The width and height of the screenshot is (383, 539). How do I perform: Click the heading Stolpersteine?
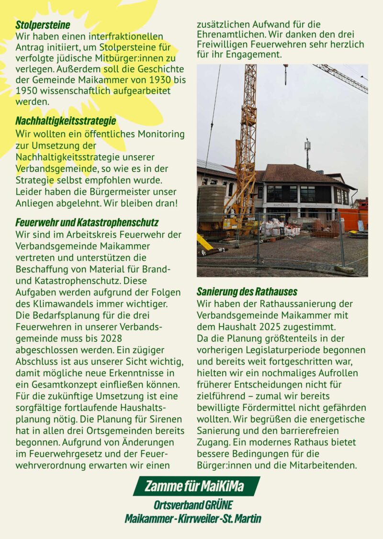point(43,24)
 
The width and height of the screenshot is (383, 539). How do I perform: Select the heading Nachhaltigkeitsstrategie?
point(66,121)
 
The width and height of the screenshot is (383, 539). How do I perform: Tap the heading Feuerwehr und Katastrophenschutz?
point(87,223)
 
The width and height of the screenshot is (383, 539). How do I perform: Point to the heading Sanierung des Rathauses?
point(247,292)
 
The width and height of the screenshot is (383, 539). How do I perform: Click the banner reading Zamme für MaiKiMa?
point(195,486)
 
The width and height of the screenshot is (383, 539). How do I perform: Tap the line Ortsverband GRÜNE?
point(193,505)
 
